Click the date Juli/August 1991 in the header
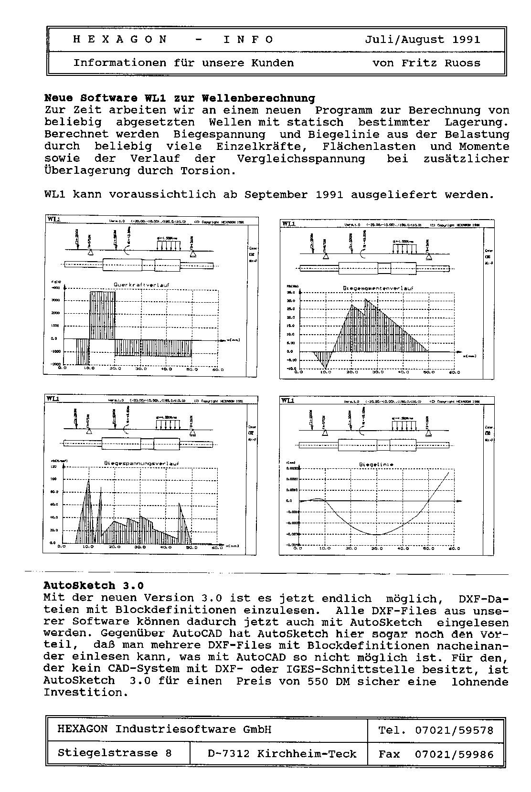[x=422, y=40]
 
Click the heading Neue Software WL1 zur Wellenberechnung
[x=180, y=98]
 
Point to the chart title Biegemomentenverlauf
[x=378, y=288]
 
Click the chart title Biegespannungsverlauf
[x=141, y=463]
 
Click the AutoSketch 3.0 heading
[x=94, y=586]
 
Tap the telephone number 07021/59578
[x=454, y=730]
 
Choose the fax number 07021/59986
[x=454, y=754]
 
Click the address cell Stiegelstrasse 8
[x=115, y=753]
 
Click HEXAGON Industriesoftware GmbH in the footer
[x=164, y=729]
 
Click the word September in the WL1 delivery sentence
[x=276, y=195]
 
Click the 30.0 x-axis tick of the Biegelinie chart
[x=376, y=549]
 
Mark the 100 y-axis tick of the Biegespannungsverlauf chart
[x=53, y=479]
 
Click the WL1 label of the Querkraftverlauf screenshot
[x=54, y=219]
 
